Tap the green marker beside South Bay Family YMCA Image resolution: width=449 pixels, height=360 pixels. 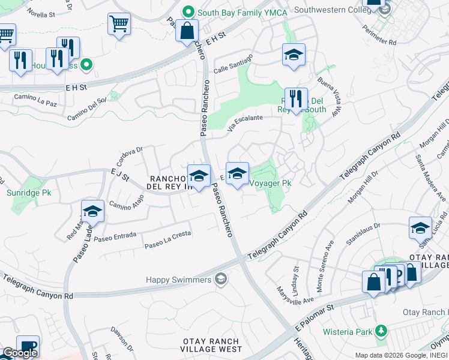[x=189, y=11]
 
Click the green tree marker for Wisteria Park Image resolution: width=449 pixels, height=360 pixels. [x=381, y=331]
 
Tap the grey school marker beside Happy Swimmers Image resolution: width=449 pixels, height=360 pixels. [x=221, y=279]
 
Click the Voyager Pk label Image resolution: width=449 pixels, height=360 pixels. [x=270, y=183]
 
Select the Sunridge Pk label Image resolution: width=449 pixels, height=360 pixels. [x=29, y=193]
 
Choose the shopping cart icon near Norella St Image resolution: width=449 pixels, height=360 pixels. [x=119, y=25]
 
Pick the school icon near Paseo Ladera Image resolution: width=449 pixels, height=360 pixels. [x=92, y=211]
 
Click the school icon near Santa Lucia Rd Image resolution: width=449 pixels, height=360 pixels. [x=420, y=227]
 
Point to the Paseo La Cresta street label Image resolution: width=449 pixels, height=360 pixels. [x=167, y=239]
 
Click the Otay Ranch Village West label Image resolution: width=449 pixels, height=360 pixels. [x=212, y=345]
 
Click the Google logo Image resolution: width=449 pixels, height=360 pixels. [x=20, y=353]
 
